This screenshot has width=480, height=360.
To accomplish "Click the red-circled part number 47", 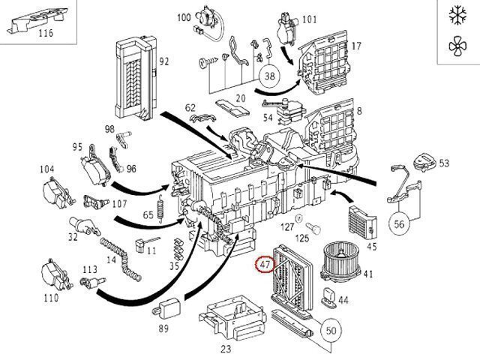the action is point(265,264).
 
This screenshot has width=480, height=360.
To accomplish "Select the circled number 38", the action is point(269,76).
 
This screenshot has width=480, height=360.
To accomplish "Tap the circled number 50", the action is point(331,331).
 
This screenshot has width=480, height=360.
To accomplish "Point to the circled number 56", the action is point(399,223).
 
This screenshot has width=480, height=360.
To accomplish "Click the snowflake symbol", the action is point(458,15).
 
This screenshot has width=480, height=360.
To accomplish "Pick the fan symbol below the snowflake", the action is point(458,46).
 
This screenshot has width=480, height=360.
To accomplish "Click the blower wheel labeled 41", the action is point(340,260).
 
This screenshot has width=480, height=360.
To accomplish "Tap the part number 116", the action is point(46,33).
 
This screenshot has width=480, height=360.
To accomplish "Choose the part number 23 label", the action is point(226,348).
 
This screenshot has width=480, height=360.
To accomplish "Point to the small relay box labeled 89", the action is point(166,310).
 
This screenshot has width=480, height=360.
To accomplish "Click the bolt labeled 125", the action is point(313,228).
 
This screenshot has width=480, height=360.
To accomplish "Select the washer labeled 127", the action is point(298,218).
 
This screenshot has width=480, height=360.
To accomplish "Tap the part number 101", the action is point(310,19).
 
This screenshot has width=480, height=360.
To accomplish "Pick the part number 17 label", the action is point(357,46).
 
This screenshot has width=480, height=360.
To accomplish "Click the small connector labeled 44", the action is point(328,297).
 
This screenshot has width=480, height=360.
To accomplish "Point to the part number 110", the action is point(51,298).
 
